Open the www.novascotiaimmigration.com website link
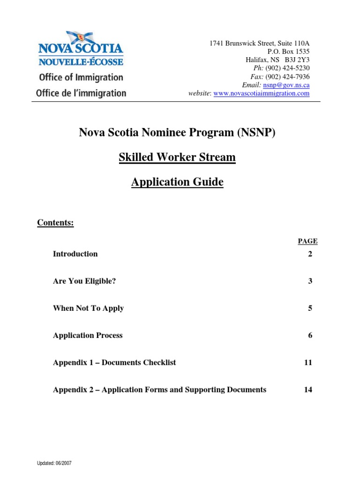pos(261,93)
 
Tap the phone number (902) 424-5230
pos(287,68)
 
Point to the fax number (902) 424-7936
pos(287,76)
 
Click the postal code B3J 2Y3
pos(297,60)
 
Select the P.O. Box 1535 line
pos(288,51)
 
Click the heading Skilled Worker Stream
pos(177,157)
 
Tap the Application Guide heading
pos(177,182)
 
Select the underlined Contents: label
pos(55,223)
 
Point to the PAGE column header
pos(307,241)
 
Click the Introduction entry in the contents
pos(75,254)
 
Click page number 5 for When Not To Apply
pos(310,308)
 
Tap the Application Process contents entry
pos(88,336)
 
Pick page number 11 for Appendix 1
pos(308,363)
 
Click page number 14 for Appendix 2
pos(308,390)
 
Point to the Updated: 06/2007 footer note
pos(54,463)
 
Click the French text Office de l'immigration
pos(81,93)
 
